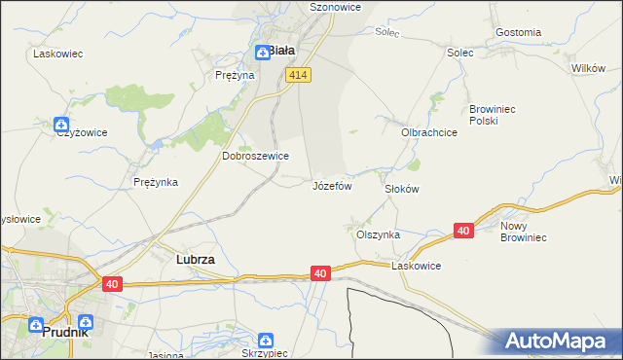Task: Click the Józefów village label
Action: (x=331, y=185)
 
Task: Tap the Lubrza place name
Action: (x=195, y=261)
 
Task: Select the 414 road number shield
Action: (x=299, y=75)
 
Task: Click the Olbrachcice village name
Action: (x=429, y=131)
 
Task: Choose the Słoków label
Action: (x=401, y=189)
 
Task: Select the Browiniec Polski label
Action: (x=497, y=115)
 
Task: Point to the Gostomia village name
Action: (x=518, y=32)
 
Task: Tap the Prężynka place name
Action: (x=155, y=182)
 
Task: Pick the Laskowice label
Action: (x=417, y=266)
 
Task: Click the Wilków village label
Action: (x=589, y=68)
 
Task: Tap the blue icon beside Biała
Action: (x=262, y=53)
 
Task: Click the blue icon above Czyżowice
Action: (x=60, y=125)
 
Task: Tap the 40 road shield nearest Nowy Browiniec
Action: (x=463, y=231)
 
